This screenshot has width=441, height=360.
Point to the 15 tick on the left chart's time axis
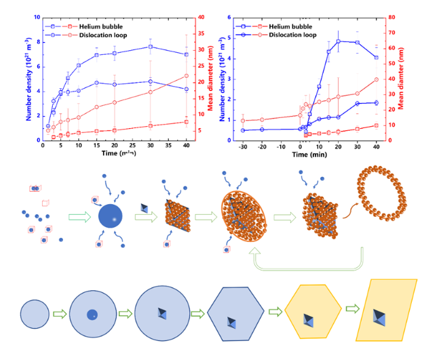click(97, 145)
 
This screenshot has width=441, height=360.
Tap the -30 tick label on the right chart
click(242, 146)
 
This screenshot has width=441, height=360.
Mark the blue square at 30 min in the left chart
click(150, 47)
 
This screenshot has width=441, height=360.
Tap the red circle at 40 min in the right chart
click(376, 79)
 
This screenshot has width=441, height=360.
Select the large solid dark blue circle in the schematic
click(109, 217)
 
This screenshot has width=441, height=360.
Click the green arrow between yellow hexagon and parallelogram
click(353, 309)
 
